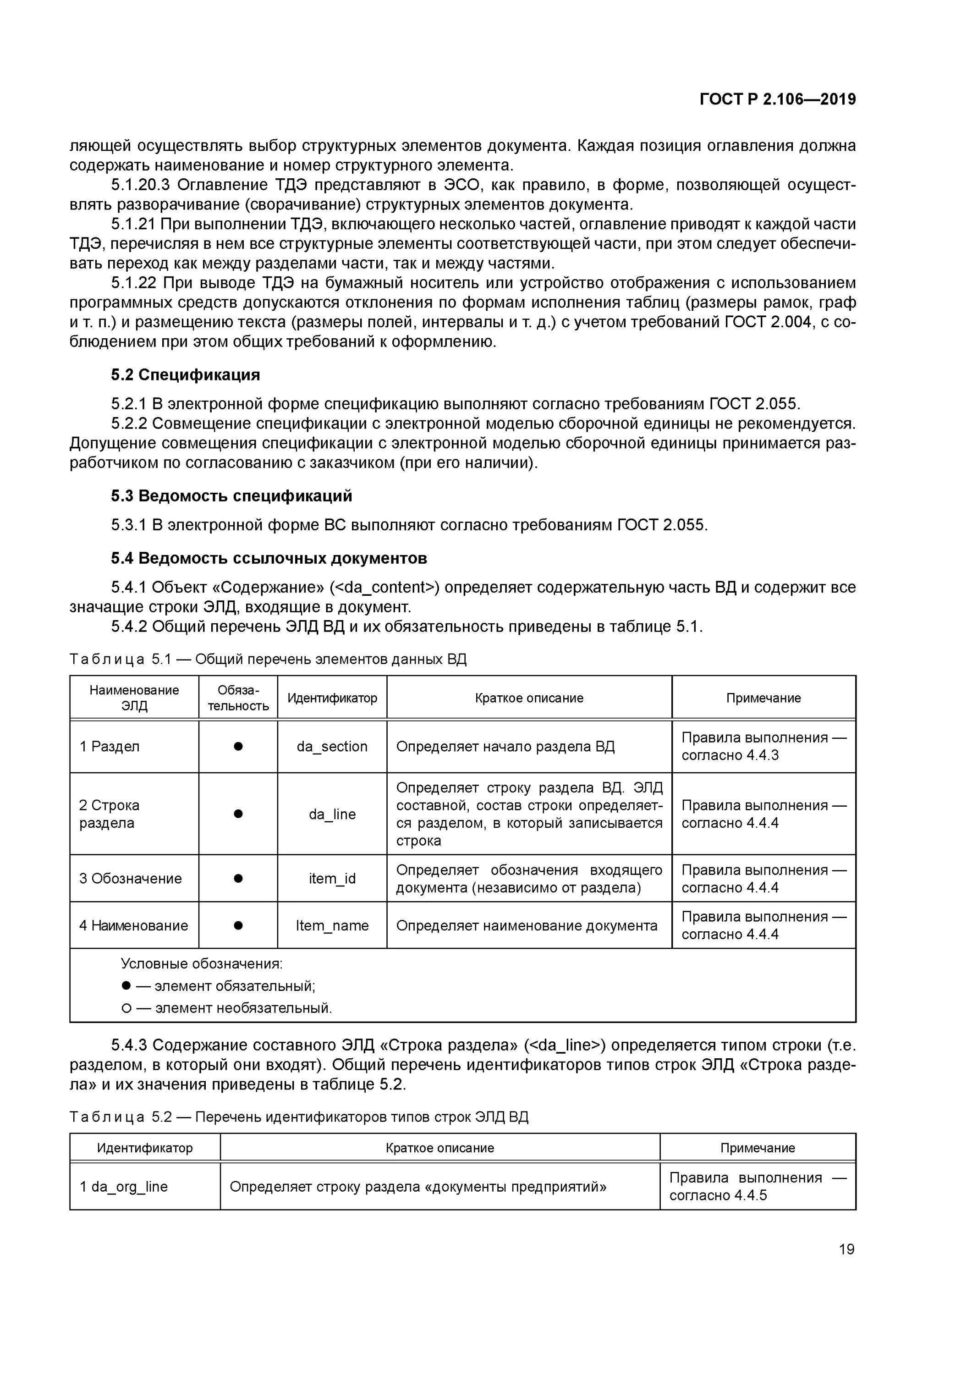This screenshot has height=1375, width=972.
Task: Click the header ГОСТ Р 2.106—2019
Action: [x=777, y=99]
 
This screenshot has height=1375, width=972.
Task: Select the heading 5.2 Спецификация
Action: [x=185, y=375]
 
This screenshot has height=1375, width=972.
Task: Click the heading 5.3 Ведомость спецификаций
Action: [x=231, y=496]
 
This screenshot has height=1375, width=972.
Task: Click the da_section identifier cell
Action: [x=332, y=746]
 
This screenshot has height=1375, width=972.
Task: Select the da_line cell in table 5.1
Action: [x=332, y=814]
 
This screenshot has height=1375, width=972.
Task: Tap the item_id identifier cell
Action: [x=332, y=878]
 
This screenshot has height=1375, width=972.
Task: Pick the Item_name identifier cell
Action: [x=332, y=925]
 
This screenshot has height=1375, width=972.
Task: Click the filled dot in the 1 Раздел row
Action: [x=238, y=746]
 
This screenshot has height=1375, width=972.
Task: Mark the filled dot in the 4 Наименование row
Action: [x=238, y=925]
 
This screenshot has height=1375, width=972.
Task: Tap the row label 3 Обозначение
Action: [x=130, y=878]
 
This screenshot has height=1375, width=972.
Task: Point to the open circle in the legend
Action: [x=126, y=1008]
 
